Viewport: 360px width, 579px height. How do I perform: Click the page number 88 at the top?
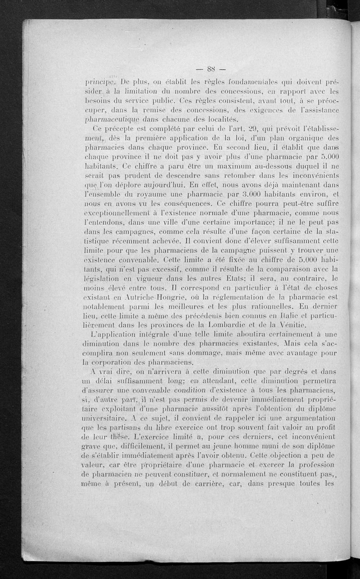210,69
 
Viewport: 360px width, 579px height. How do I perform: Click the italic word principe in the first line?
100,83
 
